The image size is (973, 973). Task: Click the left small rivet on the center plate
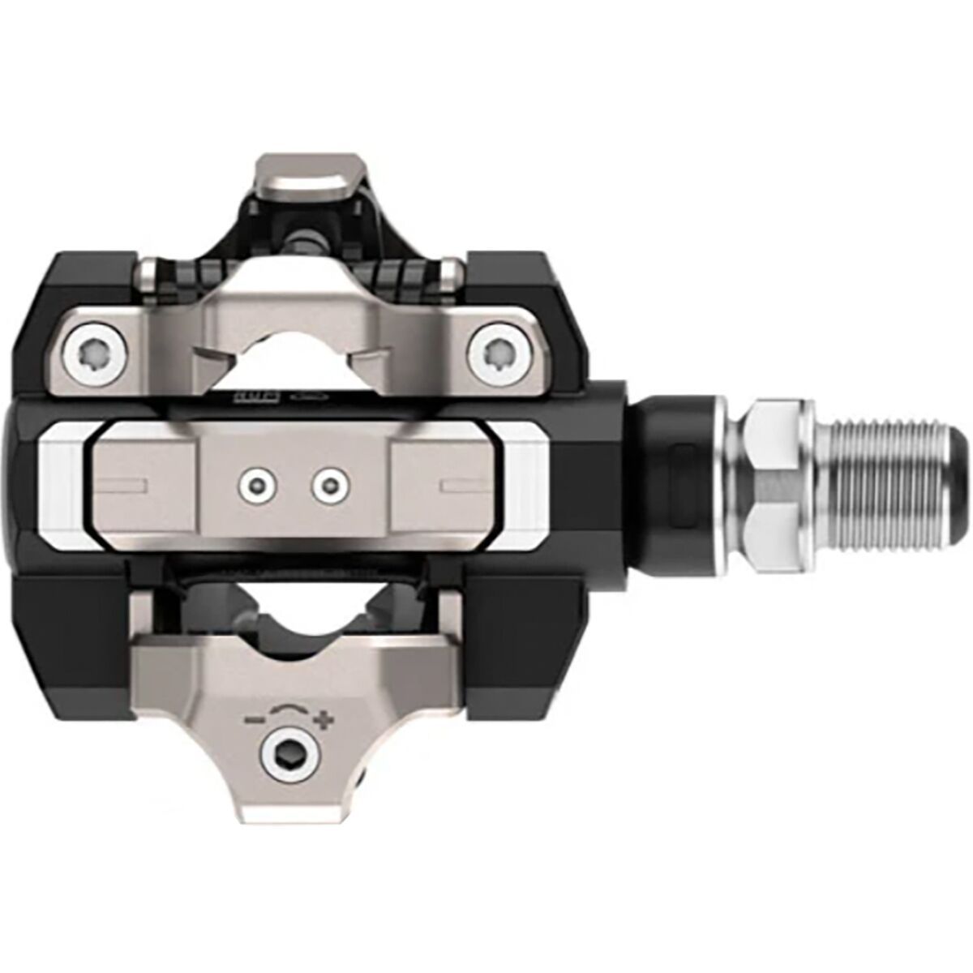pyautogui.click(x=252, y=485)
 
